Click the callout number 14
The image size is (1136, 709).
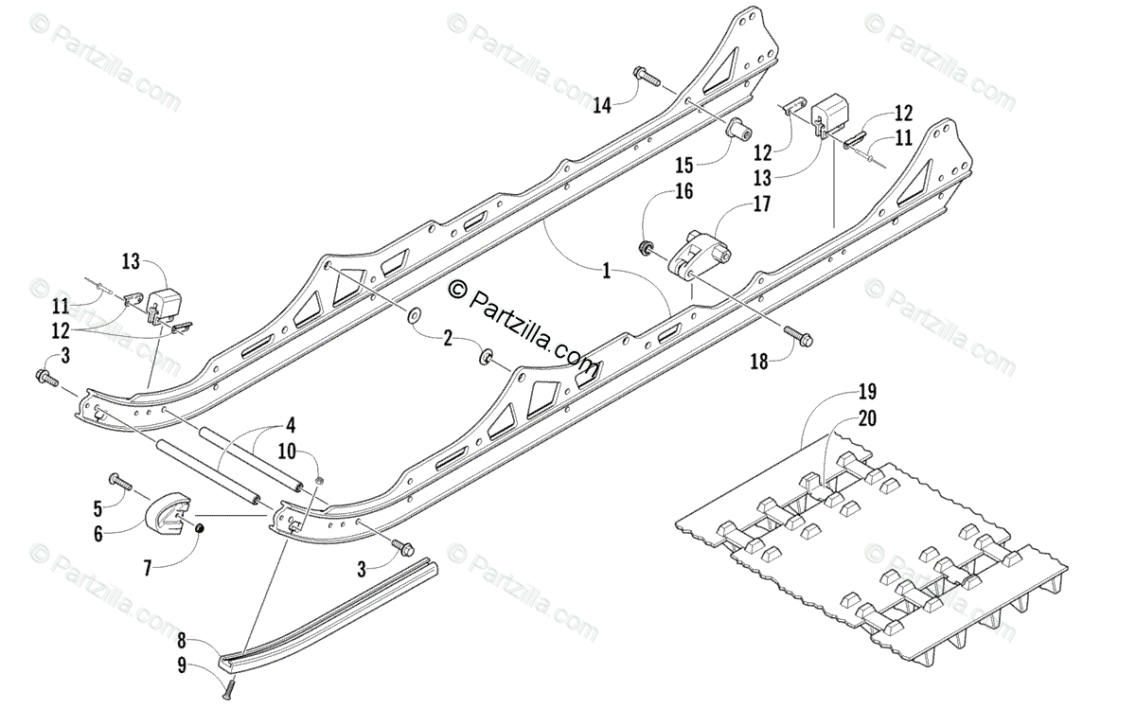click(602, 105)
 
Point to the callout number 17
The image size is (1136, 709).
click(760, 204)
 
